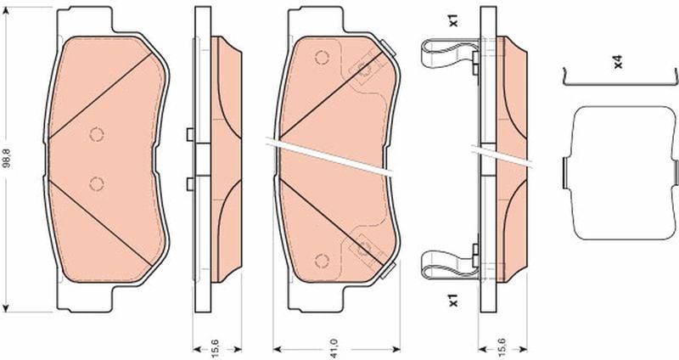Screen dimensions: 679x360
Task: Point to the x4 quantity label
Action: tap(618, 61)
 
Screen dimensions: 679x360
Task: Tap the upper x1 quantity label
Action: tap(453, 20)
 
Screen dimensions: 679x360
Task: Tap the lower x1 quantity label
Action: tap(453, 300)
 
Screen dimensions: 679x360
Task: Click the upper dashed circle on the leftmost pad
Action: tap(97, 134)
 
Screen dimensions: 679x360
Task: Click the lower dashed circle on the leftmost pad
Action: tap(96, 183)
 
